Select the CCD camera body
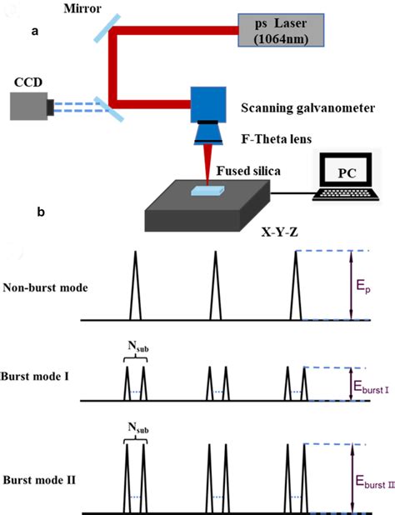pyautogui.click(x=30, y=105)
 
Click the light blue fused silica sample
pyautogui.click(x=206, y=191)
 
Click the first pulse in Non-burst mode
pyautogui.click(x=133, y=287)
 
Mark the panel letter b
pyautogui.click(x=41, y=212)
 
